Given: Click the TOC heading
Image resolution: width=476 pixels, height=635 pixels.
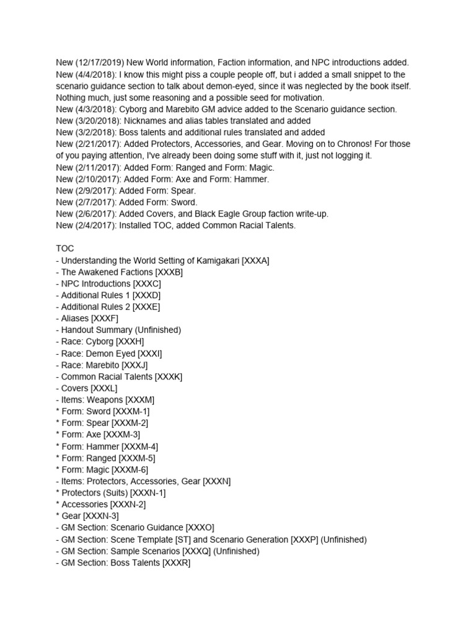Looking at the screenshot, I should click(65, 249).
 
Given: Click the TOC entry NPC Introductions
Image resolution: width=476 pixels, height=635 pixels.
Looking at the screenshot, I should click(96, 283).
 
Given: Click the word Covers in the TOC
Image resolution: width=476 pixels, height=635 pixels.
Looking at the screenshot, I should click(74, 388).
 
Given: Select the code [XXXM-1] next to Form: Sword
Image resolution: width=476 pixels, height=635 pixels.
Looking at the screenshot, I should click(131, 411).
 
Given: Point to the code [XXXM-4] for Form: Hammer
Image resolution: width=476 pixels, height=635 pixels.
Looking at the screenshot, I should click(139, 446).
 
